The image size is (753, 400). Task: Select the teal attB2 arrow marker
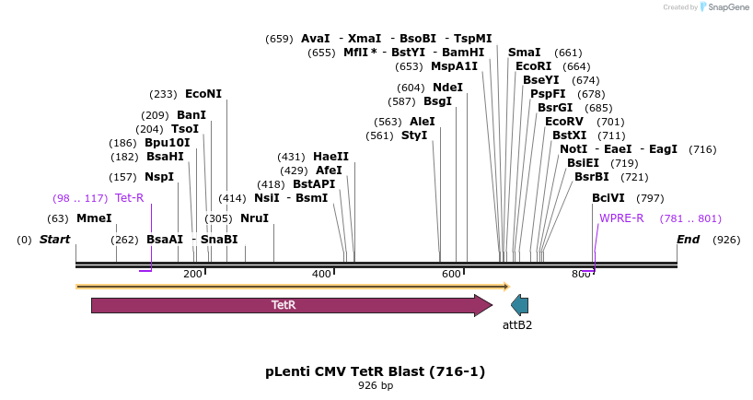519,305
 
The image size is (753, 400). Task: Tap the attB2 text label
517,325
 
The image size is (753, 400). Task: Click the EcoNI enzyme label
203,94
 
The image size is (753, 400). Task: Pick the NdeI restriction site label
447,88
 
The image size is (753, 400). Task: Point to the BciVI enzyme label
608,198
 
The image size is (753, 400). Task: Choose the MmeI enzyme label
94,218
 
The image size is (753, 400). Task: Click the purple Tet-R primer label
130,198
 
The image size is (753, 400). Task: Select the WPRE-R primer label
621,218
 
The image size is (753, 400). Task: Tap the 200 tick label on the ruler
192,275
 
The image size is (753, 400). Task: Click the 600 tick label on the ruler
451,275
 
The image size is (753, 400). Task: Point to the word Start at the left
54,240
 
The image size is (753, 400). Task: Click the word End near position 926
688,240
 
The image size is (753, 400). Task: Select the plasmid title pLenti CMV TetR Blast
375,371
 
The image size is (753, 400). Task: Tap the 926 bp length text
376,386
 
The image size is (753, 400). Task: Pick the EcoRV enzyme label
564,122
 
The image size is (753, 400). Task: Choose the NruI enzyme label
254,218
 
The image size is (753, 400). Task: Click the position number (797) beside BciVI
650,198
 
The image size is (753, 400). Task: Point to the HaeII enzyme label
330,157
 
